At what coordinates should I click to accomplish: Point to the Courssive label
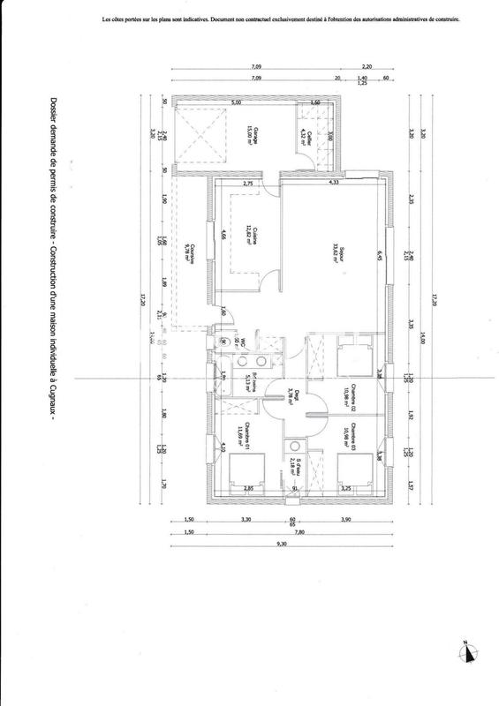pos(188,253)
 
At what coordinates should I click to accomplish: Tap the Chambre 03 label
pos(352,437)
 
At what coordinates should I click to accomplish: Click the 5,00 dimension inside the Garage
pos(236,103)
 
